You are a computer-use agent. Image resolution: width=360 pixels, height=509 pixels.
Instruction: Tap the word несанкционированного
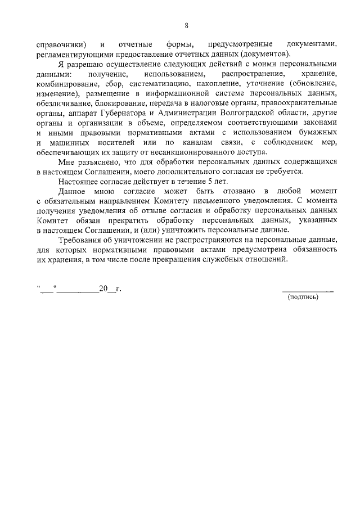192,152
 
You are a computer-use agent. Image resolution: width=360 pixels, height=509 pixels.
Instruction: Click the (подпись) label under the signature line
303,298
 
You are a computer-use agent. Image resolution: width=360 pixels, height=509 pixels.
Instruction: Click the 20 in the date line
103,289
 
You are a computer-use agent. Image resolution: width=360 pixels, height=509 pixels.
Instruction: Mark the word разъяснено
99,161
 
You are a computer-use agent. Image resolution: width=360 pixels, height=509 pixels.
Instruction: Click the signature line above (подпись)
307,290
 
